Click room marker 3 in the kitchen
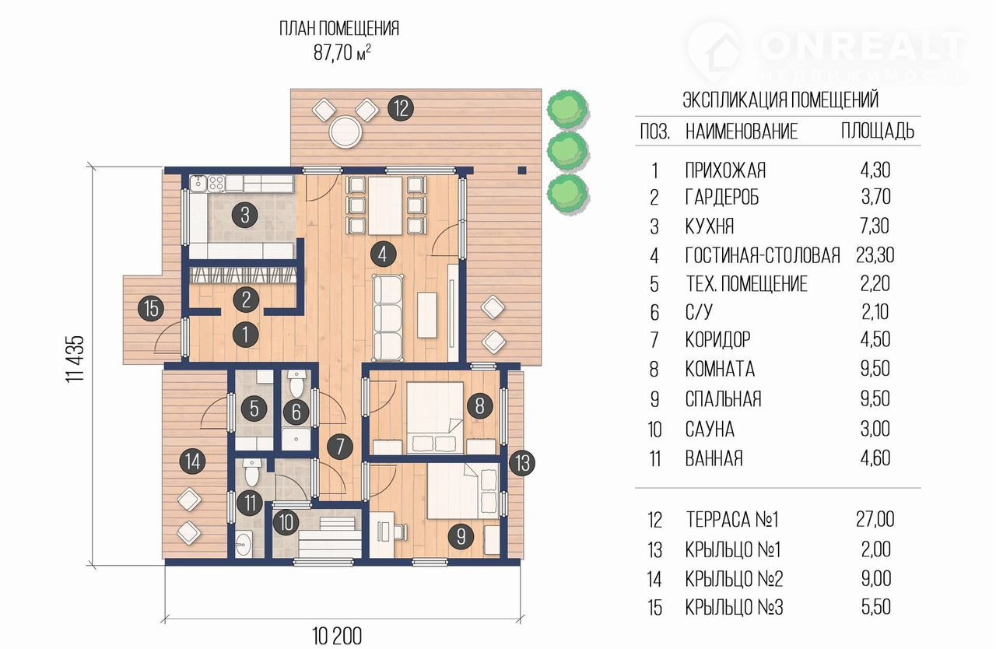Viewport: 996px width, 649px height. click(245, 216)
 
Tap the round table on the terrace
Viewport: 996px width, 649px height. click(345, 132)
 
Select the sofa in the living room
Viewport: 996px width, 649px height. click(388, 317)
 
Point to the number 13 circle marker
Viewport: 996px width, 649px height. click(522, 463)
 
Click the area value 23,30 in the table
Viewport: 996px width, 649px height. click(875, 255)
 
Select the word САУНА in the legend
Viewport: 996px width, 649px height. click(710, 430)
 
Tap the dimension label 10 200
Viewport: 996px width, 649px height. click(337, 636)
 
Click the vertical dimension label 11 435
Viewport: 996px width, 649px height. click(75, 360)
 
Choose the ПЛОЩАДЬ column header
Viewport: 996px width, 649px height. click(877, 132)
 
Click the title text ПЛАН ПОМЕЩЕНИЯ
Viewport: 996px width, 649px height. click(339, 29)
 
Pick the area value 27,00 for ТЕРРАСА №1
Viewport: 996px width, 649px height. click(875, 519)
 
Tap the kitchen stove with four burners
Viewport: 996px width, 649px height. click(216, 183)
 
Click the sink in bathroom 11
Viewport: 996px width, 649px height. click(244, 544)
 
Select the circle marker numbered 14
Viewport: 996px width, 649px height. click(192, 461)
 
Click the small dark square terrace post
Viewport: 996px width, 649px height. click(522, 170)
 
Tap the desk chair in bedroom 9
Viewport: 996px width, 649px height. click(399, 531)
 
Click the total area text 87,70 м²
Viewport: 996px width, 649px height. click(342, 53)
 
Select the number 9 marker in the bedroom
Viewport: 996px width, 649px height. click(461, 536)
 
